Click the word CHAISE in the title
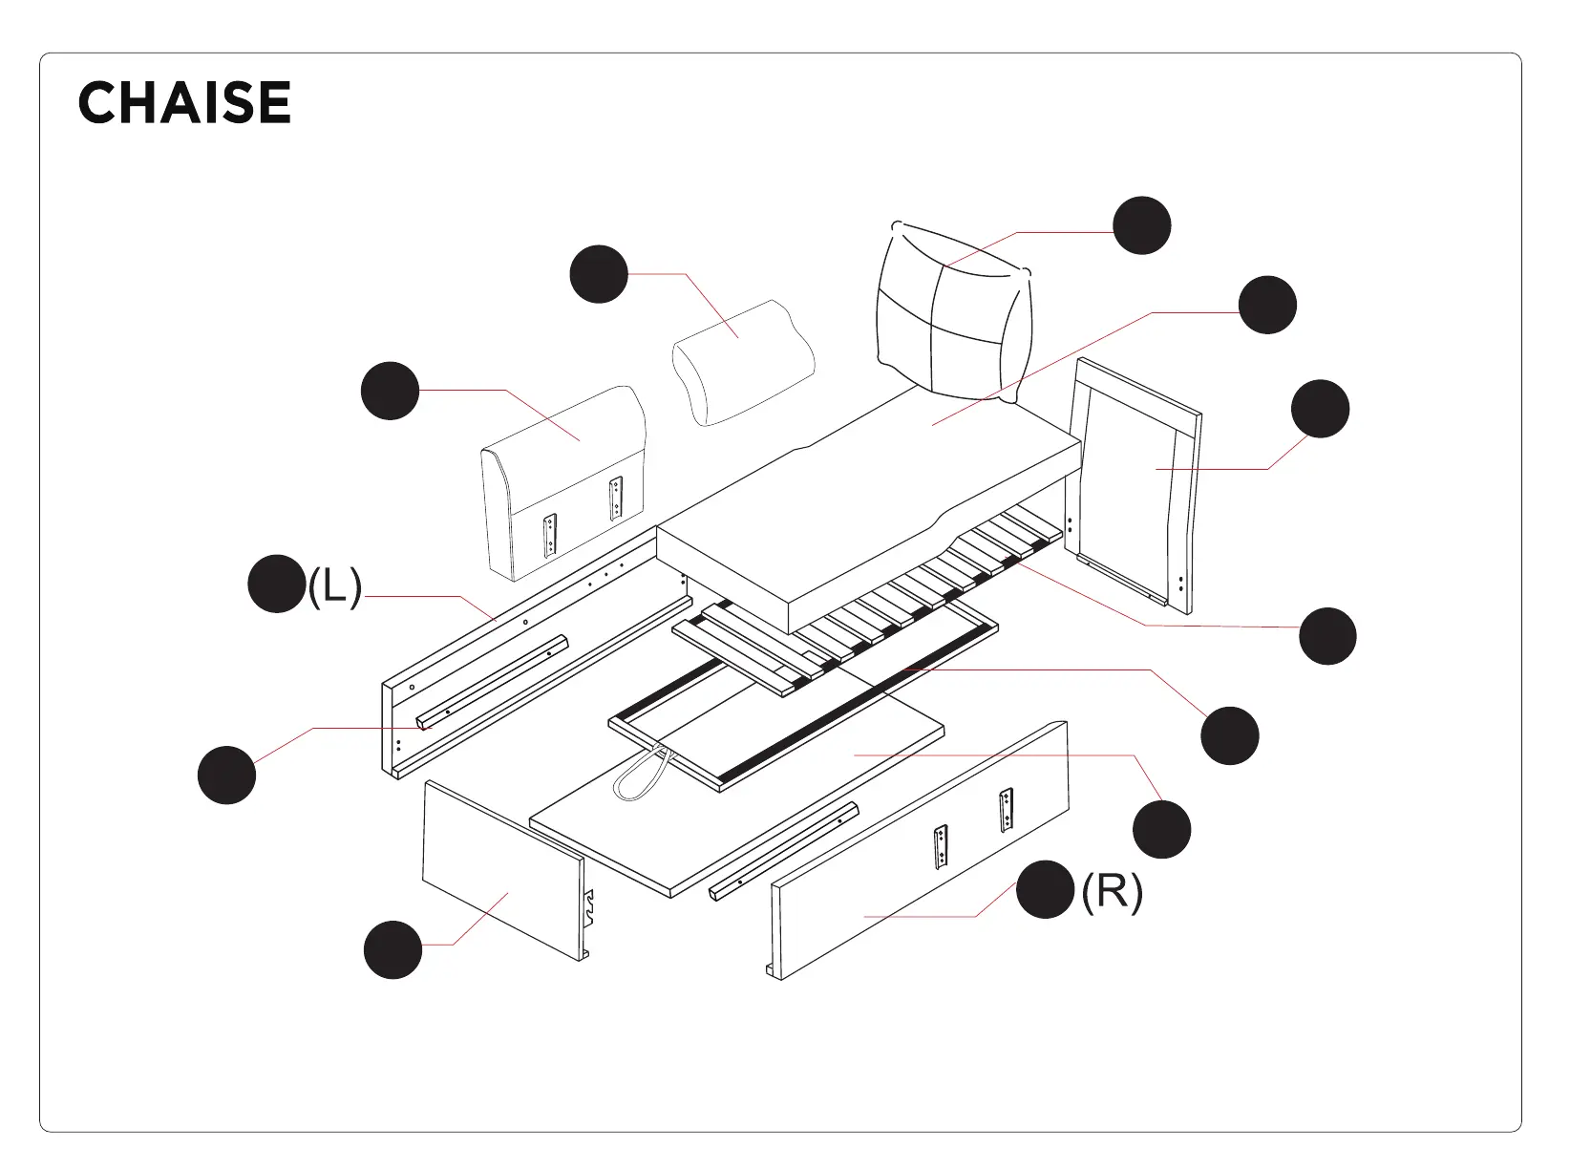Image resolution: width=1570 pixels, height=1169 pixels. click(184, 102)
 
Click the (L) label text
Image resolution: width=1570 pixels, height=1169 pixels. click(334, 585)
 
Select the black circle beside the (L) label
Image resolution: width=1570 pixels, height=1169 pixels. click(276, 584)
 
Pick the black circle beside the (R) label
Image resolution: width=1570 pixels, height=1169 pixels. click(1045, 889)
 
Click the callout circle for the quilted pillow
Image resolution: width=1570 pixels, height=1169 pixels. click(1142, 225)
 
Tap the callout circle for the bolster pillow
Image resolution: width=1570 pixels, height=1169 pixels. click(599, 274)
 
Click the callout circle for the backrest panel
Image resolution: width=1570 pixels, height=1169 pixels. click(391, 391)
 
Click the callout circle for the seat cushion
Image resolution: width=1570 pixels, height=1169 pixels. click(1267, 306)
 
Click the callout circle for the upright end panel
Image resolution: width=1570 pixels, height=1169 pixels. click(1320, 409)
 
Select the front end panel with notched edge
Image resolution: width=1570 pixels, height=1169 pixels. click(501, 869)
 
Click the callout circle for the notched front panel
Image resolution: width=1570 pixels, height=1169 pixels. click(393, 949)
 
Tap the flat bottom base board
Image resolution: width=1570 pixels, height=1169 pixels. click(764, 812)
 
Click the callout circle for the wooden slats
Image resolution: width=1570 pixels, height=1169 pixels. click(1327, 635)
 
